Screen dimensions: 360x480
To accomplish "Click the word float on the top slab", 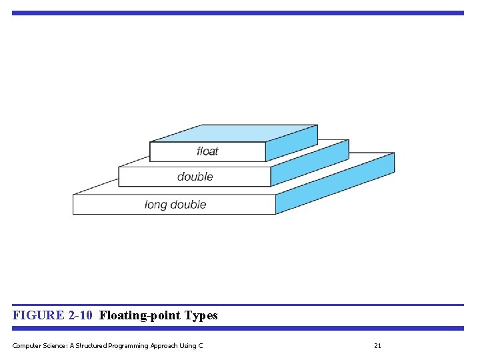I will (207, 151).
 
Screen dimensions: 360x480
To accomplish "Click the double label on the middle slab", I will (195, 177).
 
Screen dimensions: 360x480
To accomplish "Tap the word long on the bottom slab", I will (155, 205).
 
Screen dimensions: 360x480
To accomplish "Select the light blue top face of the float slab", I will (233, 133).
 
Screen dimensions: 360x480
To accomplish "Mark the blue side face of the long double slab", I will (335, 183).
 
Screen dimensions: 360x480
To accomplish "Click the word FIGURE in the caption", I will (38, 315).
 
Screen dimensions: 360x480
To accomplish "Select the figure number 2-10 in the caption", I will (80, 315).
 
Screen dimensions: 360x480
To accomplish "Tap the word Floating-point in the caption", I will (139, 315).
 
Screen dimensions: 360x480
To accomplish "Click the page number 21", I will (377, 345).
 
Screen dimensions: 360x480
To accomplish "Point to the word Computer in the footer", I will (26, 345).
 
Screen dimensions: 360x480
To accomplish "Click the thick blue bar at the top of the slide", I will (237, 13).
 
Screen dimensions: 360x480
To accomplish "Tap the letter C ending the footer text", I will (201, 345).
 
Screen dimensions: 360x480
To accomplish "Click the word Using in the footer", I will (191, 345).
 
